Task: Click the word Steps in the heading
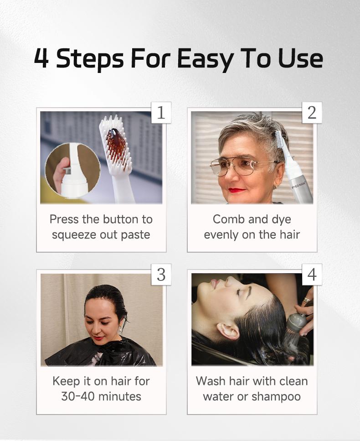tap(90, 60)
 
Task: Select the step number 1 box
tap(161, 113)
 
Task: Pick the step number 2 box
tap(312, 113)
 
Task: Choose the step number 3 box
tap(161, 275)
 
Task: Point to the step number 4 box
tap(312, 275)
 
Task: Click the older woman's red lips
tap(237, 191)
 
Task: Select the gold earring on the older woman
tap(276, 186)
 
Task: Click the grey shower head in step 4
tap(295, 324)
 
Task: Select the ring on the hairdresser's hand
tap(305, 300)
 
